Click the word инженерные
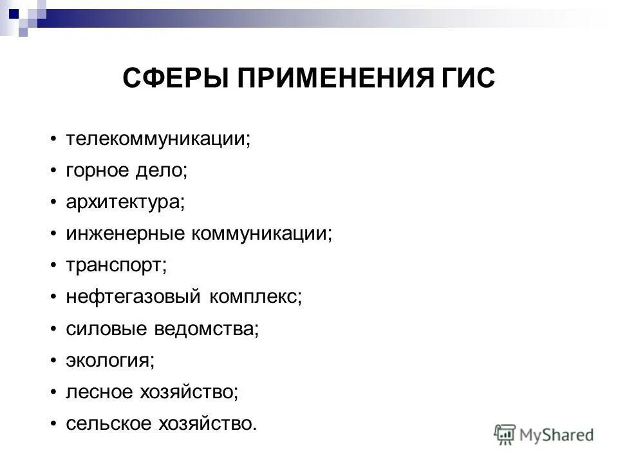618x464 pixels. click(124, 234)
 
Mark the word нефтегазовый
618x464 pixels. click(133, 297)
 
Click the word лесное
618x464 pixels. click(99, 392)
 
